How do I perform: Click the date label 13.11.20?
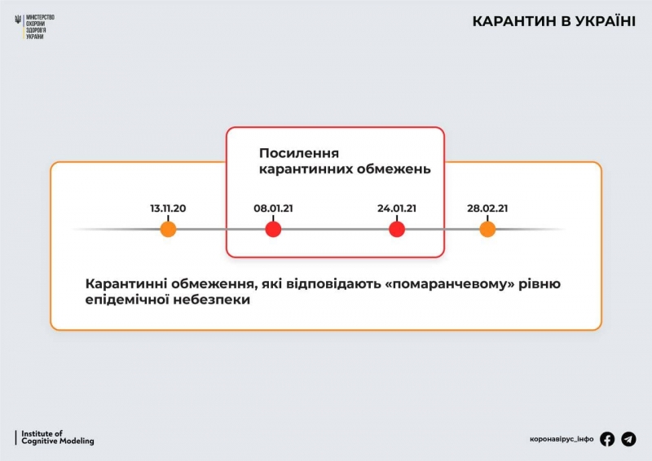pyautogui.click(x=168, y=209)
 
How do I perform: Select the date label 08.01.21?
pyautogui.click(x=273, y=209)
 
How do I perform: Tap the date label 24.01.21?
pyautogui.click(x=397, y=209)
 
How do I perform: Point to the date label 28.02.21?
pyautogui.click(x=487, y=209)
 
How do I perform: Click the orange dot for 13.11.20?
pyautogui.click(x=168, y=230)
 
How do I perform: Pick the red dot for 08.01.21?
pyautogui.click(x=273, y=230)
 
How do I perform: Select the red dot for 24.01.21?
pyautogui.click(x=397, y=230)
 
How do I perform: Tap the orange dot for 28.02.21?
pyautogui.click(x=487, y=230)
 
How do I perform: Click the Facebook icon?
pyautogui.click(x=607, y=439)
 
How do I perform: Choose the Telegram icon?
pyautogui.click(x=628, y=439)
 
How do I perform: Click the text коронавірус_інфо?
pyautogui.click(x=562, y=440)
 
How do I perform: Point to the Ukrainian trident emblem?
pyautogui.click(x=19, y=20)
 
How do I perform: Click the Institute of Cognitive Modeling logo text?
pyautogui.click(x=57, y=437)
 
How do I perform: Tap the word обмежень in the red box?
pyautogui.click(x=397, y=170)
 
